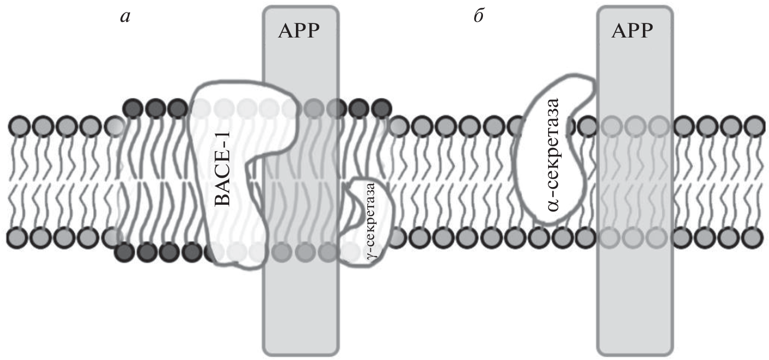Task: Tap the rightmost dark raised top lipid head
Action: (382, 108)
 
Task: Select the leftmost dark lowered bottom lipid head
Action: (124, 252)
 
